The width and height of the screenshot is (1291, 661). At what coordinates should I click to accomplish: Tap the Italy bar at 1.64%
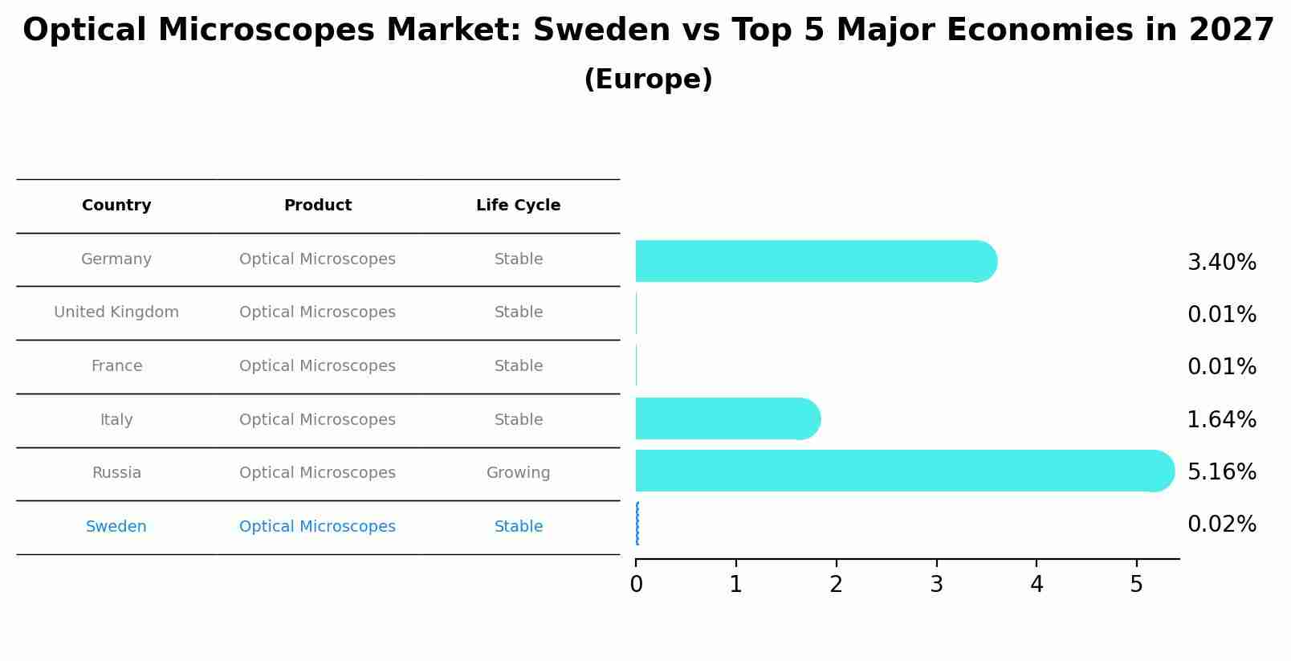723,418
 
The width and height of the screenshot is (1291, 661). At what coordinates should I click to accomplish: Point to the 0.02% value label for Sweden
1221,524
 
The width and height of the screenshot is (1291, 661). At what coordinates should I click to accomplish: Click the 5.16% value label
1221,471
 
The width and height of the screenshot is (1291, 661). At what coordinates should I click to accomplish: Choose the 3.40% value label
1221,263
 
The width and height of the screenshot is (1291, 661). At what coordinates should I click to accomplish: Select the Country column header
116,206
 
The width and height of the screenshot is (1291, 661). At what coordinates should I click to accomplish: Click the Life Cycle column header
518,206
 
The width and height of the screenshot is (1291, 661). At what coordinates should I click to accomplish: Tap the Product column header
317,206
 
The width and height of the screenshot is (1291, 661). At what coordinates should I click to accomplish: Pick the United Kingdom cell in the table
116,312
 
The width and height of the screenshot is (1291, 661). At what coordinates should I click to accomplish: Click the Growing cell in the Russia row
518,473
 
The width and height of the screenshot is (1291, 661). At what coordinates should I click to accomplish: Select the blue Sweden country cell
116,527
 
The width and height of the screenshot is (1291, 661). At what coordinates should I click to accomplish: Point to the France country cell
116,366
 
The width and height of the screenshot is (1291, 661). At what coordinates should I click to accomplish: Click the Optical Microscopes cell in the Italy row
317,420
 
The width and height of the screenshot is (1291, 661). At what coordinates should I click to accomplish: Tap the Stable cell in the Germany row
518,259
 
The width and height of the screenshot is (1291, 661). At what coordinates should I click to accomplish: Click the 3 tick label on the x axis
936,585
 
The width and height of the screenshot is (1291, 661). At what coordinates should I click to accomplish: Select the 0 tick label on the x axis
636,585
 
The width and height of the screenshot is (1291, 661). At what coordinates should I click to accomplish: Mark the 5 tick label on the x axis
1136,585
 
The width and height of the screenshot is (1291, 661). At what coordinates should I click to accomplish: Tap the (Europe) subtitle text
648,80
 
